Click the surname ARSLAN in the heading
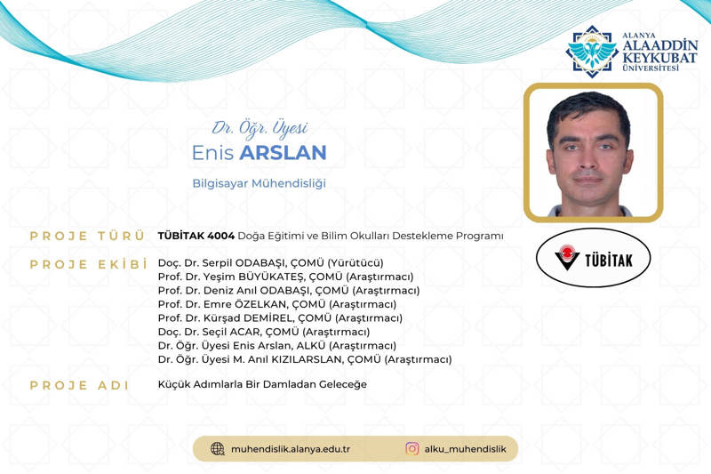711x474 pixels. coord(284,153)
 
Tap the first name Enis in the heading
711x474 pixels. coord(212,153)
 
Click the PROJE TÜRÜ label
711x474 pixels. coord(87,236)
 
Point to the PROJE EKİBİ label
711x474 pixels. coord(87,264)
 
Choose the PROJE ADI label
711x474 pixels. coord(80,385)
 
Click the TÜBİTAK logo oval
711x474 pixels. coord(594,259)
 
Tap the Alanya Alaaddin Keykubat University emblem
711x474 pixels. coord(593,51)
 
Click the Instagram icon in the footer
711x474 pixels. coord(412,448)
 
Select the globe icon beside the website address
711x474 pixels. coord(218,448)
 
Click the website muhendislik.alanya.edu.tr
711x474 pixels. coord(290,449)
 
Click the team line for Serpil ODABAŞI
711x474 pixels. coord(270,263)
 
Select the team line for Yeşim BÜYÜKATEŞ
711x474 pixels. coord(285,277)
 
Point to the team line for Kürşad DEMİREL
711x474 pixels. coord(280,317)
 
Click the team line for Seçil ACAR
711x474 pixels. coord(265,332)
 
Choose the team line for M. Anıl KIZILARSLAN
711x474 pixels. coord(304,359)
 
